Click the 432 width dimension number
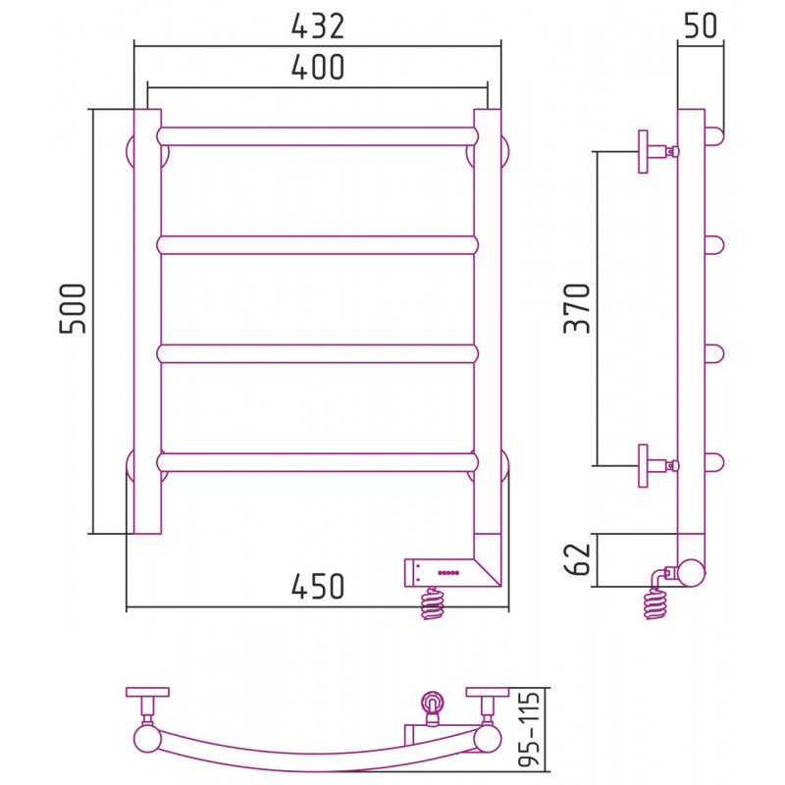tap(318, 26)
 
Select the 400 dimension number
tap(318, 67)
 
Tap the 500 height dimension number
tap(73, 308)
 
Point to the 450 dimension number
tap(318, 586)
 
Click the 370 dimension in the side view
tap(577, 308)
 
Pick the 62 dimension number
tap(577, 559)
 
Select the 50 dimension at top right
tap(701, 26)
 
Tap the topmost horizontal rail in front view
tap(317, 136)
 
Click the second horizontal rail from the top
tap(317, 245)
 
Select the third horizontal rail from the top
tap(317, 354)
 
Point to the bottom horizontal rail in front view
tap(317, 462)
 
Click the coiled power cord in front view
tap(433, 602)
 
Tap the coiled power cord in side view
tap(655, 602)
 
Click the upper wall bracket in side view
tap(657, 151)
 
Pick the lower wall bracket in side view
tap(657, 465)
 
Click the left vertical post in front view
tap(148, 322)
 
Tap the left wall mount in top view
tap(147, 706)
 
